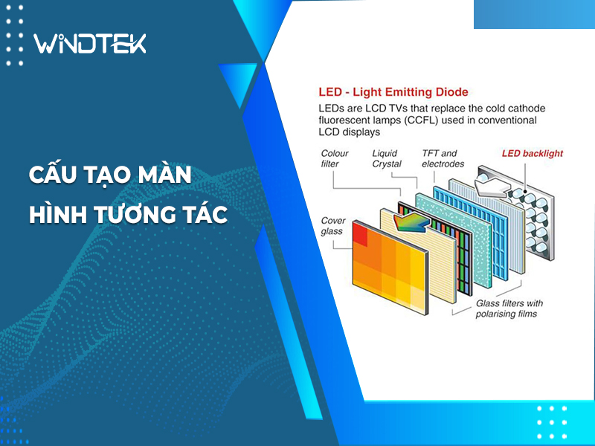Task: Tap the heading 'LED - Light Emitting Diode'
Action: pos(393,92)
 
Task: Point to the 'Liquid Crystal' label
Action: pos(387,158)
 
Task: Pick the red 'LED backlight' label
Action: pos(533,154)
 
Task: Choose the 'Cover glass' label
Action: pos(333,226)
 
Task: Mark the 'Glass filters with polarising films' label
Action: pos(509,308)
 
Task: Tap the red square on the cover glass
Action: pos(360,234)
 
